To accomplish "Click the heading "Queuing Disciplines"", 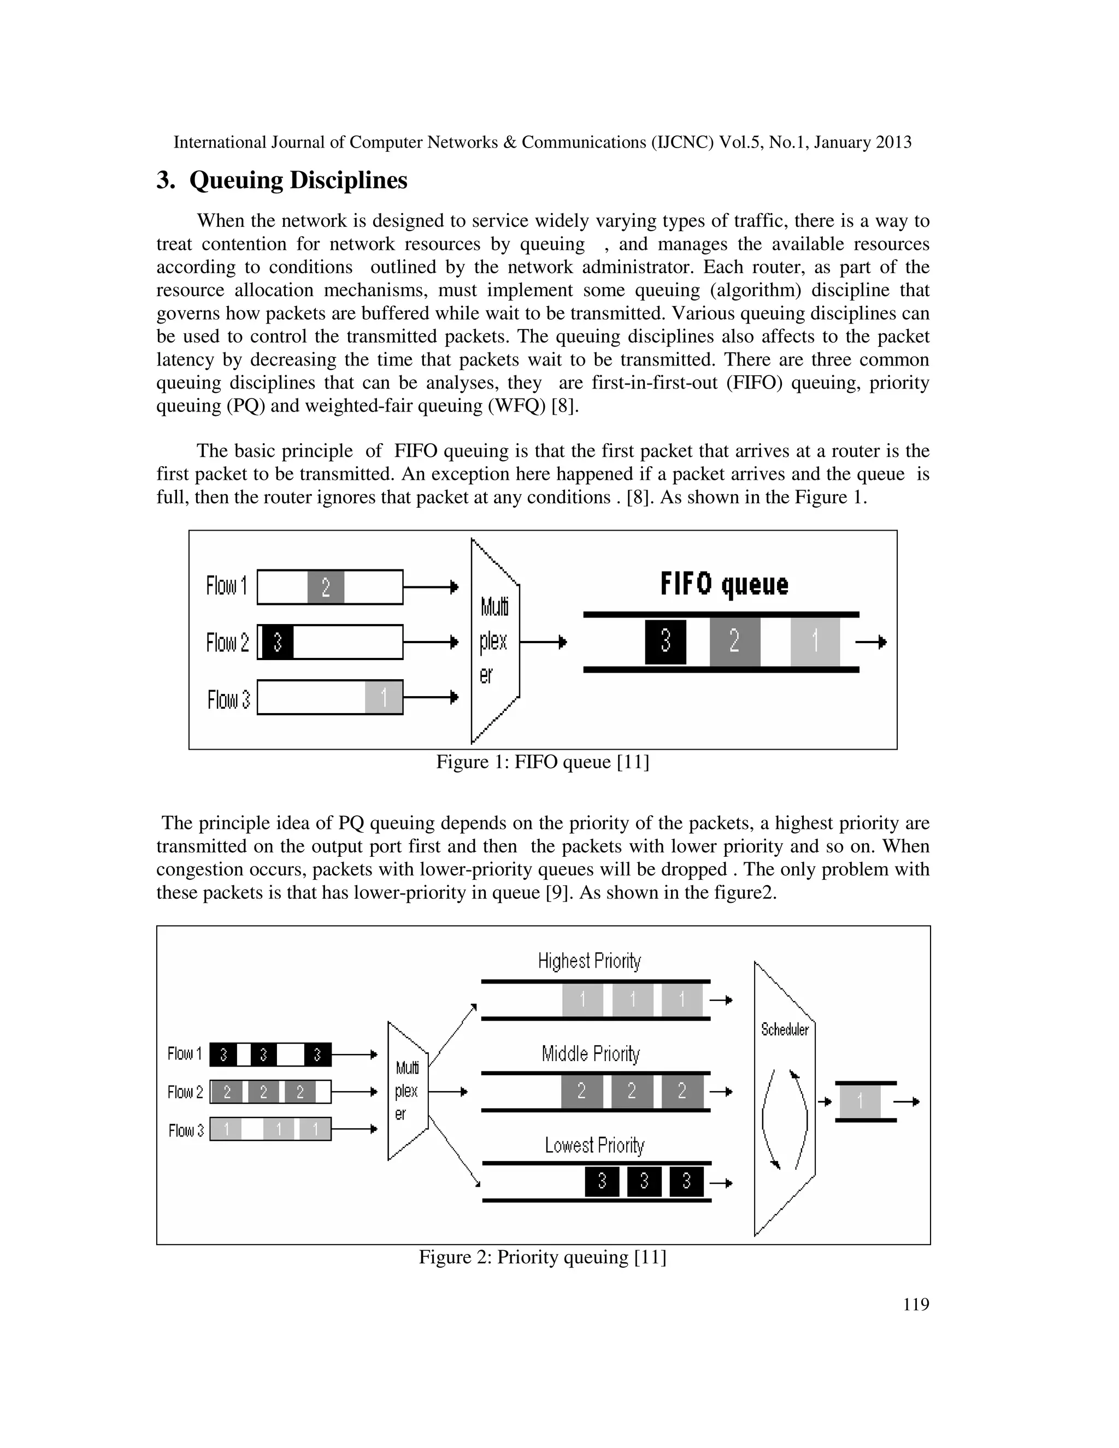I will point(298,180).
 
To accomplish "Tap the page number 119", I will point(916,1304).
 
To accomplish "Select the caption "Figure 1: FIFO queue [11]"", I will point(542,762).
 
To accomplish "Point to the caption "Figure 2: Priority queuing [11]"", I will point(542,1257).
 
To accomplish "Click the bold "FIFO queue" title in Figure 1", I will point(724,584).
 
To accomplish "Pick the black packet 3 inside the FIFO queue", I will point(665,641).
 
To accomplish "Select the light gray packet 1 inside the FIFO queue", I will point(815,641).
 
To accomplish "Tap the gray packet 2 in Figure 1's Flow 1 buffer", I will point(326,587).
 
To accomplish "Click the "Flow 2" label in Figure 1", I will point(227,643).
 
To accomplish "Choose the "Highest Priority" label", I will point(590,961).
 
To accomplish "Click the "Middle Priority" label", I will point(591,1053).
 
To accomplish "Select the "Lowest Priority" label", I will point(594,1145).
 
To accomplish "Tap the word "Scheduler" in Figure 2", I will point(785,1029).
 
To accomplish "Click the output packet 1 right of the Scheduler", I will point(860,1101).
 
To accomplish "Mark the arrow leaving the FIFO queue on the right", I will point(871,642).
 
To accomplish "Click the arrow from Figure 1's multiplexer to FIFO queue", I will point(543,642).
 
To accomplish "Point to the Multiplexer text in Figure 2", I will point(407,1091).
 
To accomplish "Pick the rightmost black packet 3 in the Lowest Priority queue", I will point(686,1181).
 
